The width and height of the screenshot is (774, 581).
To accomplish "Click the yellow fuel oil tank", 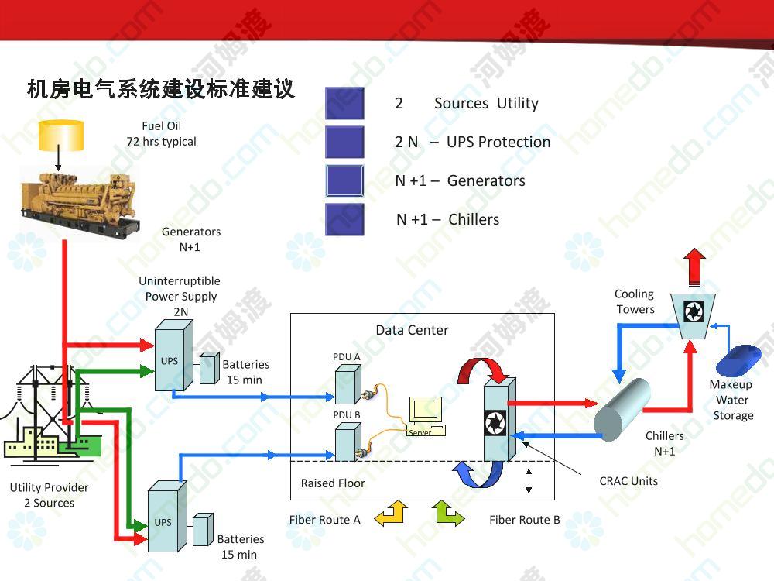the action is point(60,136).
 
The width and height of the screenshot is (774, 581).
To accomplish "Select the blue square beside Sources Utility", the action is point(344,103).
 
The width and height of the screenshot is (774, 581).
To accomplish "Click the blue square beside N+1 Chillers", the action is point(344,219).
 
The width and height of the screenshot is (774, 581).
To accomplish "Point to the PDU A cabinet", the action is point(348,384).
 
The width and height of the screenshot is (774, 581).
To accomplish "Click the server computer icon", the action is point(426,416).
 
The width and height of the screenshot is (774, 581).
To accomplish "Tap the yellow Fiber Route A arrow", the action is point(392,513).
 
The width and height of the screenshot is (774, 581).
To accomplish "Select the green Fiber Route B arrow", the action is point(447,513).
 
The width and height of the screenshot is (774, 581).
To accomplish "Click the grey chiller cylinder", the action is point(622,409).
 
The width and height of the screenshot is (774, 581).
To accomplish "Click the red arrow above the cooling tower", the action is point(694,267).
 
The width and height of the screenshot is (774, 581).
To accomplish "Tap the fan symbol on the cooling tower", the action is point(693,311).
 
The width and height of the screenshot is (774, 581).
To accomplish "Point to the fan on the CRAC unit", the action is point(495,423).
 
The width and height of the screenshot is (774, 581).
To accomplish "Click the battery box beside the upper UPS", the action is point(209,368).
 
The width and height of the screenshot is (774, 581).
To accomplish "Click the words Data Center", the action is point(413,330).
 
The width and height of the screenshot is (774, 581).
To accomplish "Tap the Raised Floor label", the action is point(333,483).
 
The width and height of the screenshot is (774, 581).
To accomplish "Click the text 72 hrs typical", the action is point(162,142).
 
